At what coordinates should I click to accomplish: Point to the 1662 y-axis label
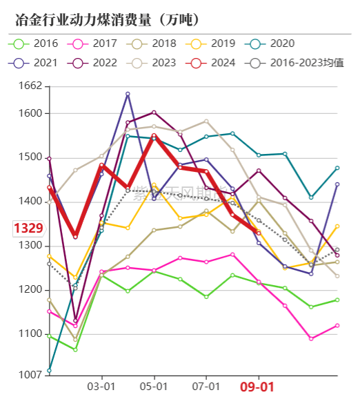32,87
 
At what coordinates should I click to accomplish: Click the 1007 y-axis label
32,376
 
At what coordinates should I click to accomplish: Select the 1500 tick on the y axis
32,157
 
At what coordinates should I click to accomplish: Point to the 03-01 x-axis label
101,387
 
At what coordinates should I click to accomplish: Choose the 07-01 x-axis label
206,387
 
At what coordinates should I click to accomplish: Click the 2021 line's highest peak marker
128,94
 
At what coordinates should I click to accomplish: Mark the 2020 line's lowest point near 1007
49,371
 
